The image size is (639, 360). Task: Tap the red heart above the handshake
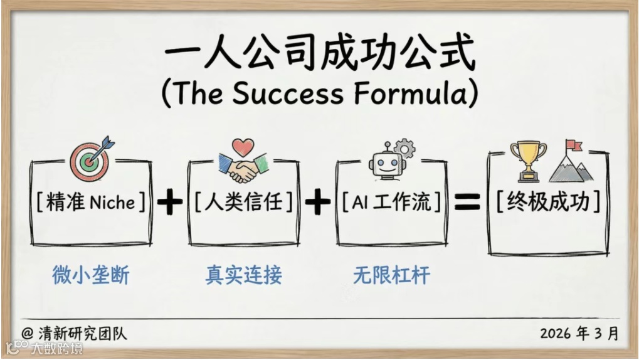tap(242, 147)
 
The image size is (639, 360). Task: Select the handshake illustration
tap(241, 169)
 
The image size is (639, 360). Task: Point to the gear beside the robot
tap(405, 149)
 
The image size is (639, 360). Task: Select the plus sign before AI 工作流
tap(317, 202)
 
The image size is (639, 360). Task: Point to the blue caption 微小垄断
tap(91, 275)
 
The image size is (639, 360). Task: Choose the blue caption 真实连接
tap(244, 275)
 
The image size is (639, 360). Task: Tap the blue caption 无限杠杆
tap(392, 275)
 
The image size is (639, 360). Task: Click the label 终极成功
tap(549, 202)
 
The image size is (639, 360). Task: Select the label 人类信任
tap(243, 203)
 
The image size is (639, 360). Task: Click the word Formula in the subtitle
tap(414, 93)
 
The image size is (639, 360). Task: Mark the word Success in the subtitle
tap(288, 93)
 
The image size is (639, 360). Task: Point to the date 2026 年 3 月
tap(579, 333)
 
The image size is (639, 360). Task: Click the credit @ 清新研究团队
tap(74, 333)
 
